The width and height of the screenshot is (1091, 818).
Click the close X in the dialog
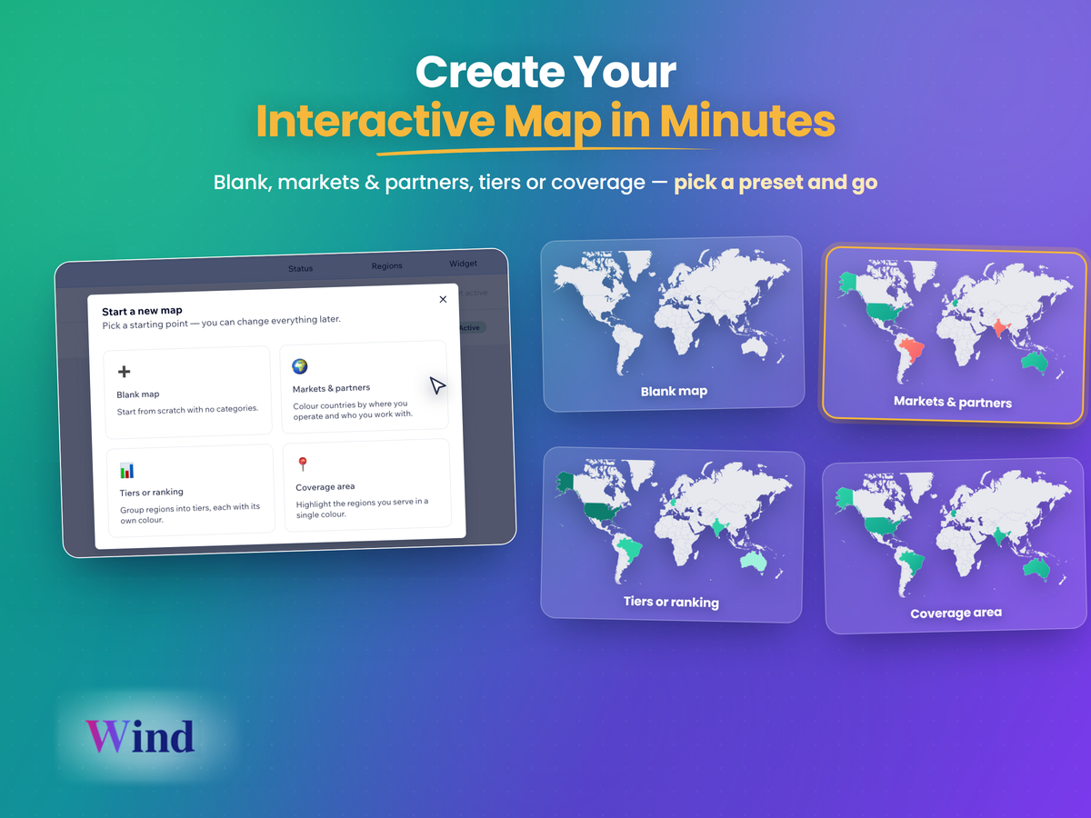tap(443, 299)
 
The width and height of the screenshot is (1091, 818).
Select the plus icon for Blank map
tap(124, 372)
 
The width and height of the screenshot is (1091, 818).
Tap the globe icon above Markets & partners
tap(300, 366)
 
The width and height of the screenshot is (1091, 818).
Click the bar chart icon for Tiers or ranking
tap(126, 470)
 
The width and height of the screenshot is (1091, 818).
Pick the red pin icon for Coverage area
tap(302, 464)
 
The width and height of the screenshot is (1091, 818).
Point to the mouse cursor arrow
tap(437, 384)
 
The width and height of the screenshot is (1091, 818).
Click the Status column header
tap(300, 268)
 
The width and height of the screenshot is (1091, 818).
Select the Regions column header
tap(386, 265)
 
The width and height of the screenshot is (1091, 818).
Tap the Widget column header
tap(463, 264)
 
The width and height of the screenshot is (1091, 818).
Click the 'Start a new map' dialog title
tap(142, 311)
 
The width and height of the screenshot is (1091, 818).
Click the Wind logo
tap(140, 736)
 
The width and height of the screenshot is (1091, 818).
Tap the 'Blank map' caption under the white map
tap(674, 392)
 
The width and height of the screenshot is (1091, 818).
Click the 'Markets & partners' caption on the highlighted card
tap(952, 402)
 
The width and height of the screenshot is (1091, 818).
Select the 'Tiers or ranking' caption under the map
tap(671, 602)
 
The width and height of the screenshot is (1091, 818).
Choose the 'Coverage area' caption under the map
tap(956, 613)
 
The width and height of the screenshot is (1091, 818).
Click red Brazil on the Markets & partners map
tap(911, 350)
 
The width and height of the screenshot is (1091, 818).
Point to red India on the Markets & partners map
tap(999, 328)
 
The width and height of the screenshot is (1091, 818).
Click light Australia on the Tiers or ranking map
tap(754, 562)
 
